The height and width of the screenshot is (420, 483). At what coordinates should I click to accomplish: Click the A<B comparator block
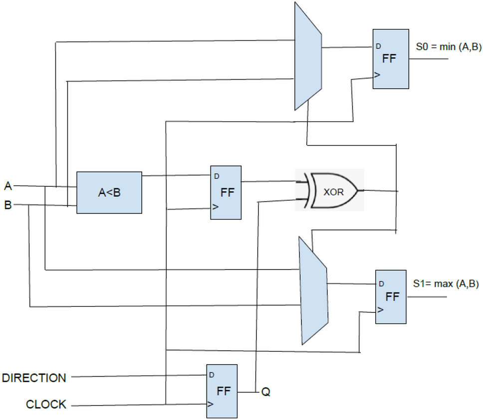[x=109, y=192]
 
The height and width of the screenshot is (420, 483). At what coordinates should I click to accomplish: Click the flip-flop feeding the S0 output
[x=390, y=59]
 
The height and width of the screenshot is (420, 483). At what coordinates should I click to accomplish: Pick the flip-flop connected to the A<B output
[x=226, y=192]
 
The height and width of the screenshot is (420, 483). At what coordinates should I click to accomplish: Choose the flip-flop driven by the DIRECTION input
[x=222, y=391]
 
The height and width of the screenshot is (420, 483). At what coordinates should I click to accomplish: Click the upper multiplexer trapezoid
[x=306, y=56]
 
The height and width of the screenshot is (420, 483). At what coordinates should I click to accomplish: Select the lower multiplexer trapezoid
[x=313, y=290]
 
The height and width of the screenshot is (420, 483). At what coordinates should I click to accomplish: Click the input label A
[x=7, y=186]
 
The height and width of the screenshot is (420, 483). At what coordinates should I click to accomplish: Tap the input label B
[x=7, y=205]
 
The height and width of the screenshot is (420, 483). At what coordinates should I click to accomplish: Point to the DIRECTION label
[x=34, y=378]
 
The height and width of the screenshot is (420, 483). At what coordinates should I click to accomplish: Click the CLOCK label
[x=46, y=405]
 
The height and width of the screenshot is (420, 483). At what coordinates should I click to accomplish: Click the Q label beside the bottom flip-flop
[x=266, y=392]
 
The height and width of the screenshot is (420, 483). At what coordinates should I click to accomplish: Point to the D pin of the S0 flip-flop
[x=378, y=46]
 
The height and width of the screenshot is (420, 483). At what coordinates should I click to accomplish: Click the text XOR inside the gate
[x=333, y=192]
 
